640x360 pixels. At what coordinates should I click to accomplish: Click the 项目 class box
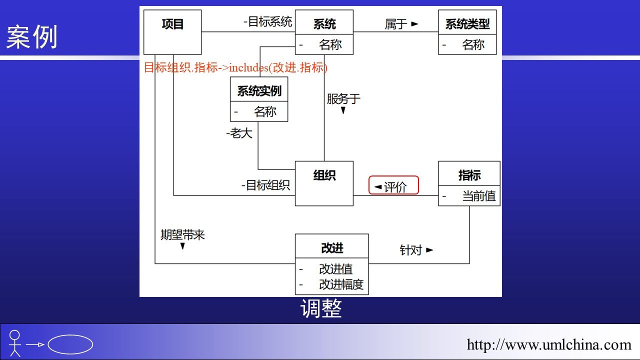(172, 31)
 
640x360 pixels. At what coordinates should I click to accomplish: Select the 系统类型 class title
(467, 24)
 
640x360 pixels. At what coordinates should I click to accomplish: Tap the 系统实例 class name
(259, 91)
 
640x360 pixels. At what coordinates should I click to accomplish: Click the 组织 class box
(324, 183)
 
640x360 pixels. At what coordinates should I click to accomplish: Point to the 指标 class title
(469, 175)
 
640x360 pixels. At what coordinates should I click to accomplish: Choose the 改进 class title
(332, 248)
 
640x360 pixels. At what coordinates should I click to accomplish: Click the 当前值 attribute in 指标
(478, 196)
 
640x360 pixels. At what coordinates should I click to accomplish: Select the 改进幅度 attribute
(341, 285)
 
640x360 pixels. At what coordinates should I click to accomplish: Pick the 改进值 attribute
(335, 269)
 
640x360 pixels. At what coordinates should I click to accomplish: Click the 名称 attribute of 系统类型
(473, 45)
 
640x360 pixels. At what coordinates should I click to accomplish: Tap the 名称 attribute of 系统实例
(265, 111)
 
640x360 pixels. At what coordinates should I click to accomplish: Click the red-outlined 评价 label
(393, 186)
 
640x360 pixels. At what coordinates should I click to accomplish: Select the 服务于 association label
(343, 99)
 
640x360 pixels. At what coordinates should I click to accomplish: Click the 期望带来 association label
(182, 235)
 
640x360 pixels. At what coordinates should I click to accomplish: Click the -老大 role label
(239, 133)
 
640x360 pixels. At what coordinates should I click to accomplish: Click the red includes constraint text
(235, 67)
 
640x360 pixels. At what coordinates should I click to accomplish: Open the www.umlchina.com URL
(549, 344)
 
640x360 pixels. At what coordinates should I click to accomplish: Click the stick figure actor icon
(15, 343)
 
